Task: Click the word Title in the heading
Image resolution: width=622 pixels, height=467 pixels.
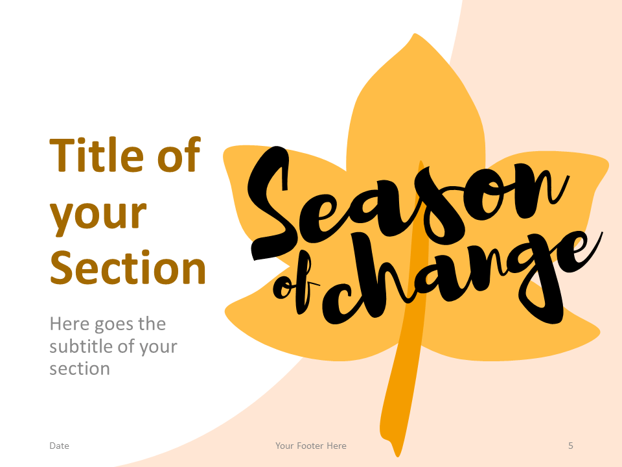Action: (97, 156)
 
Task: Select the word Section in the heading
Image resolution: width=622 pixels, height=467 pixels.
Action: (128, 267)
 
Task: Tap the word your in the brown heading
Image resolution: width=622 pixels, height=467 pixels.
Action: (98, 214)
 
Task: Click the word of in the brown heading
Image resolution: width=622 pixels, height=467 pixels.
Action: (178, 156)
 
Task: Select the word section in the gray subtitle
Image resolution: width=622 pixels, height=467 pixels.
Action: (80, 369)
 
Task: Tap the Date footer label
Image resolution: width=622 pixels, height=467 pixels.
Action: (59, 446)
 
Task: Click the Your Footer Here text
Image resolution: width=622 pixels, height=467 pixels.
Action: (310, 446)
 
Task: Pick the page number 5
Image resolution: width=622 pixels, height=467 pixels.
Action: (571, 446)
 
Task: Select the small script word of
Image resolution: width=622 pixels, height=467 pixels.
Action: (295, 289)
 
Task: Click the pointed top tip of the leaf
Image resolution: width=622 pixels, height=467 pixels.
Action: (413, 36)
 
